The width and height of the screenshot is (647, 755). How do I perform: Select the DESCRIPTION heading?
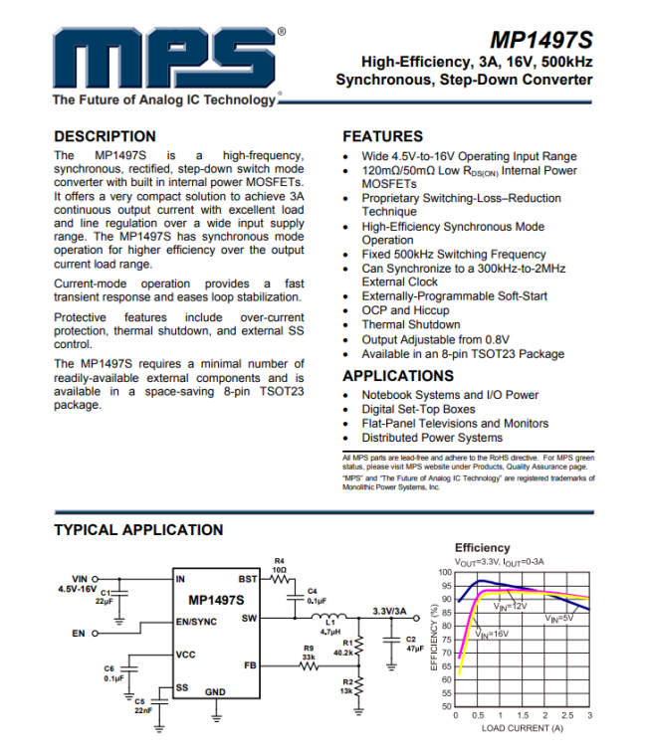[x=105, y=136]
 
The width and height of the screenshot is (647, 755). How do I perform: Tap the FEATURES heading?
[x=382, y=136]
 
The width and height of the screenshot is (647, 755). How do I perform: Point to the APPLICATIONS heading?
[x=398, y=376]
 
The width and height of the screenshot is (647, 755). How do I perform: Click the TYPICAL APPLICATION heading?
[x=138, y=530]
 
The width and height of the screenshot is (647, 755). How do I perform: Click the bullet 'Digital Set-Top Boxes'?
[x=418, y=409]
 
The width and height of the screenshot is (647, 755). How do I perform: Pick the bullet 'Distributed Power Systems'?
[x=432, y=437]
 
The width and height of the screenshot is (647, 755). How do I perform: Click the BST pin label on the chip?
[x=248, y=579]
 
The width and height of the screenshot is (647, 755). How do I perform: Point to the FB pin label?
[x=251, y=664]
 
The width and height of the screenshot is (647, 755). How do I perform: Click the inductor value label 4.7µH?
[x=331, y=632]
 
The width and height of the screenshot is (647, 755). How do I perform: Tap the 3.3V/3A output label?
[x=389, y=611]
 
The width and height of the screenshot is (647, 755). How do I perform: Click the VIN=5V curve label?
[x=559, y=619]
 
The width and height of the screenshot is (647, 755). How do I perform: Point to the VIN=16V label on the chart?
[x=492, y=633]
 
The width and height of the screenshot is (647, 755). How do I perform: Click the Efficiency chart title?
[x=482, y=547]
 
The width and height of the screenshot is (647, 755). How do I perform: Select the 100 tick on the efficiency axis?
[x=444, y=572]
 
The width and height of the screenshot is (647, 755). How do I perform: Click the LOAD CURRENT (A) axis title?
[x=523, y=728]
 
